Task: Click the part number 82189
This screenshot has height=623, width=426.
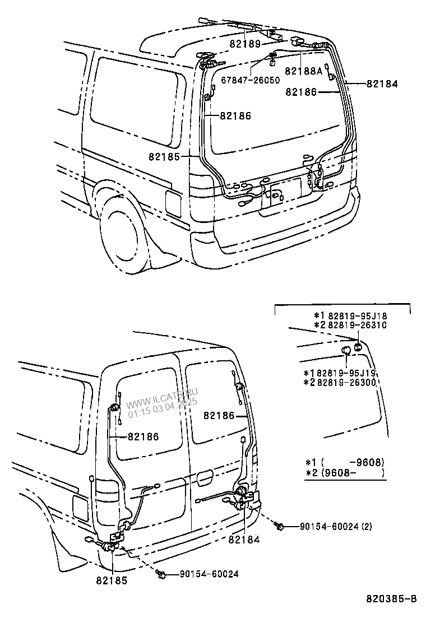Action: coord(245,44)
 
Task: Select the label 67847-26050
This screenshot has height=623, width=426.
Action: coord(250,80)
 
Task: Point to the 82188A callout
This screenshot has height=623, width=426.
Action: coord(304,71)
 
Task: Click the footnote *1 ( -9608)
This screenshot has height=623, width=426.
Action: coord(344,462)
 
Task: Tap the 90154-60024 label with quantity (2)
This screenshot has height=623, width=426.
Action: coord(335,526)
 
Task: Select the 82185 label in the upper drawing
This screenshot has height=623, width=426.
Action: coord(164,157)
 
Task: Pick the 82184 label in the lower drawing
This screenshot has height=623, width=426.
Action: coord(244,540)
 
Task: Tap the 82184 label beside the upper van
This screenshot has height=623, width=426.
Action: coord(382,84)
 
